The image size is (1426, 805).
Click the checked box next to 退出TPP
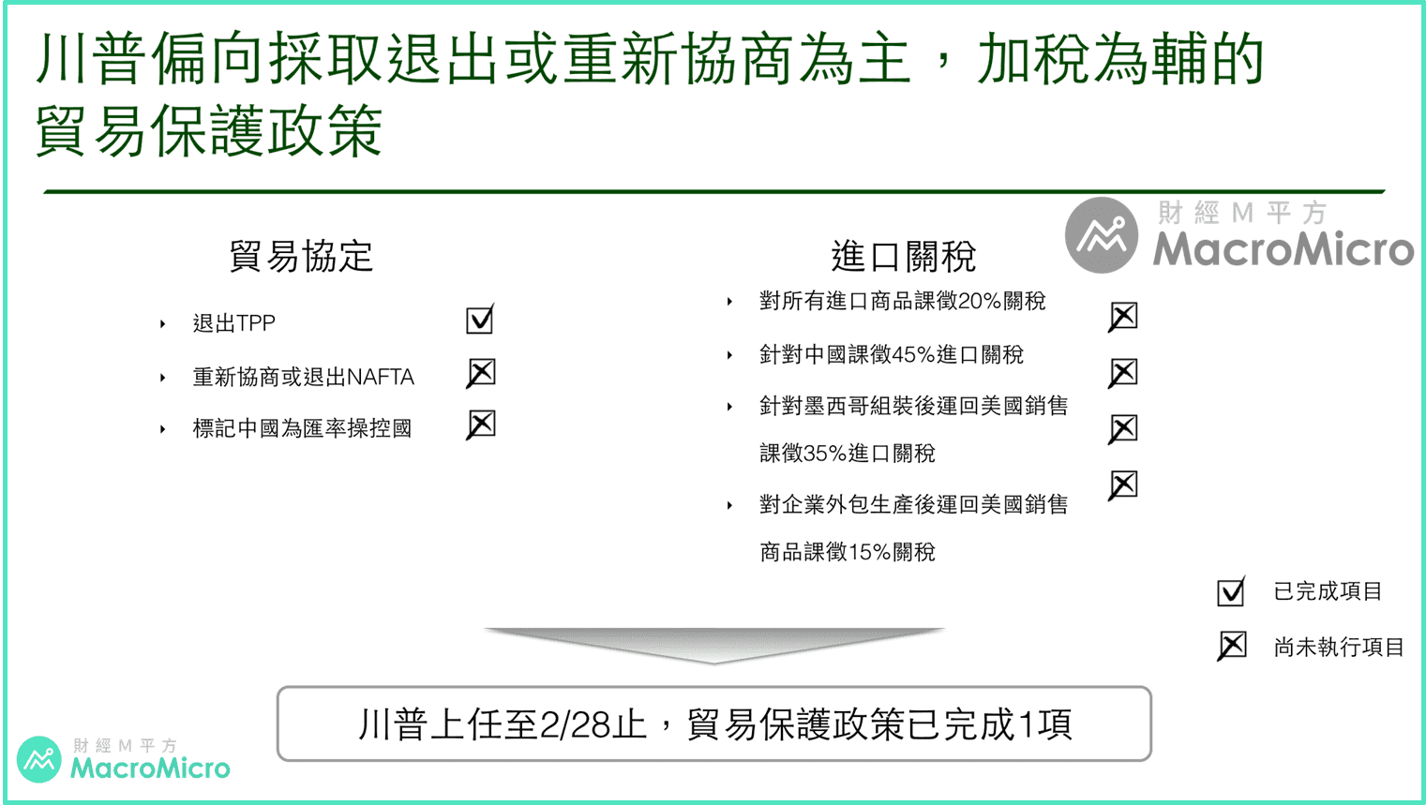[479, 319]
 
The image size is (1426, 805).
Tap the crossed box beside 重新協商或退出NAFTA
[481, 373]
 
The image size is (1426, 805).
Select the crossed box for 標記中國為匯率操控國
[481, 425]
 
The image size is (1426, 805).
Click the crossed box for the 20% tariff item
[1123, 317]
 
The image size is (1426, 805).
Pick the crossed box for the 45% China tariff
[1123, 373]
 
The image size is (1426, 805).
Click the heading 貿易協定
[300, 257]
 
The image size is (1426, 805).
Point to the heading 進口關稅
[904, 257]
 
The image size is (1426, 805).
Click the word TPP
[256, 323]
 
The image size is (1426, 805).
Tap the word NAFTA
[381, 378]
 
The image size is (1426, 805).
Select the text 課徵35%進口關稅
[848, 454]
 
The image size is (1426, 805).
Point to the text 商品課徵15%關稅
[848, 552]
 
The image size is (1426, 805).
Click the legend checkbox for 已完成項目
[1231, 592]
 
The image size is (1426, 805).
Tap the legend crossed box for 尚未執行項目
[1232, 646]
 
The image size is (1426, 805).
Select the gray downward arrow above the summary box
[713, 644]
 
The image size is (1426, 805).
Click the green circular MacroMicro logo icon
[38, 759]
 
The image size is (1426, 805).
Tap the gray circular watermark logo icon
[1102, 235]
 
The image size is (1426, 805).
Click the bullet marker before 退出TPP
[163, 324]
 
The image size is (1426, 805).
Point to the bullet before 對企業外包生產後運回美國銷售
[729, 505]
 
